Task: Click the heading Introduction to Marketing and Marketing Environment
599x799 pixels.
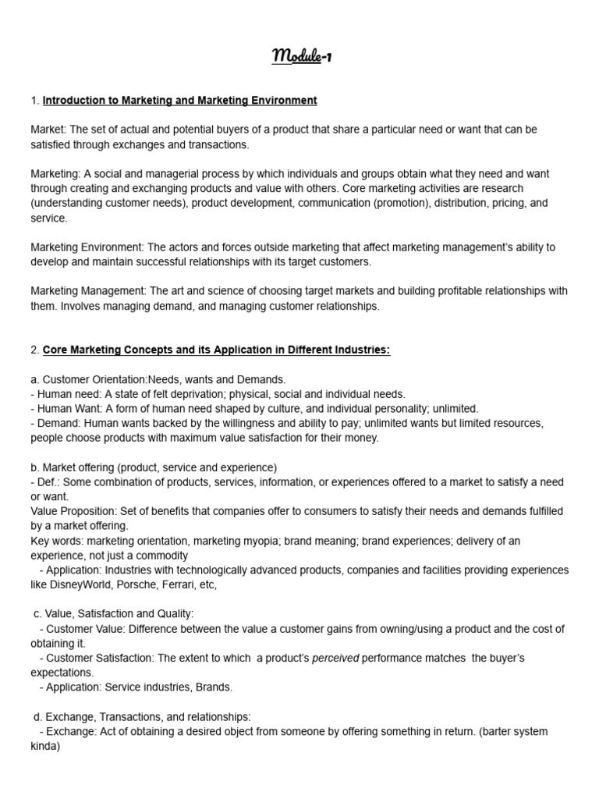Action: [179, 101]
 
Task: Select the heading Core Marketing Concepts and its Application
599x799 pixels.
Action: [216, 350]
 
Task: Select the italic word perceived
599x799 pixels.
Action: [335, 659]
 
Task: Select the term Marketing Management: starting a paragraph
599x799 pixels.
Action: [88, 291]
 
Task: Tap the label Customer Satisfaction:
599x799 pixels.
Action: [101, 659]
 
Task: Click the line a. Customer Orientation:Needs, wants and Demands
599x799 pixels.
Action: [158, 379]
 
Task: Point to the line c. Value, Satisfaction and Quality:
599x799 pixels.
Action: [114, 614]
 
